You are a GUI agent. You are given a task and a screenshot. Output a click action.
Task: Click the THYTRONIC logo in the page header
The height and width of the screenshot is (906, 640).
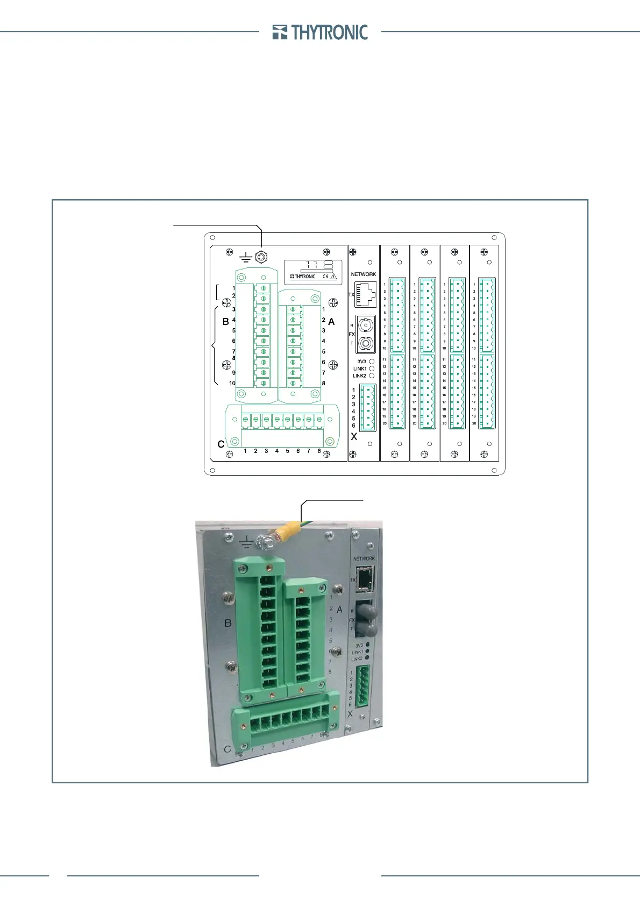(x=321, y=33)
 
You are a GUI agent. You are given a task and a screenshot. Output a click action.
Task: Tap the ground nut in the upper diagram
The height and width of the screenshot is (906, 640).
(x=261, y=257)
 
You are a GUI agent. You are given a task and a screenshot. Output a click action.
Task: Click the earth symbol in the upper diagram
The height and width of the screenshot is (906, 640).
(x=245, y=258)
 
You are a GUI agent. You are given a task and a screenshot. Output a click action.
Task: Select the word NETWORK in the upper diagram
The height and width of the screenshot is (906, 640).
(x=364, y=274)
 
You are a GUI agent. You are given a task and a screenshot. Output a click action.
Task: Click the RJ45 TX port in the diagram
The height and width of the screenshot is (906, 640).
(x=366, y=295)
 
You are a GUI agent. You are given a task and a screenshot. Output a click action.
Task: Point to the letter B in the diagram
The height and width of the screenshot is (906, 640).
(x=226, y=322)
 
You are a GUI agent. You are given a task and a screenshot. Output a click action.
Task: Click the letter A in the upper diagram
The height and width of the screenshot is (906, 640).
(x=331, y=322)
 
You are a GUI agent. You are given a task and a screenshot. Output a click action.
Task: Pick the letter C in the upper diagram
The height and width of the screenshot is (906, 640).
(x=221, y=444)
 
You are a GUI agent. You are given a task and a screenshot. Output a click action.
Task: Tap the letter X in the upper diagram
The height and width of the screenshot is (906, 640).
(x=354, y=437)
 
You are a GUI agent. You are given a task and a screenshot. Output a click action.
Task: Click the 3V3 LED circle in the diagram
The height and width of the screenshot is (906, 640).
(x=372, y=362)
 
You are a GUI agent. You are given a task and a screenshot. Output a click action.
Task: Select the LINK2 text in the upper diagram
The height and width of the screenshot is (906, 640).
(x=359, y=376)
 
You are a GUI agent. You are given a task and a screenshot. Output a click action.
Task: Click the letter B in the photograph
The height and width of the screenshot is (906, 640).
(x=227, y=623)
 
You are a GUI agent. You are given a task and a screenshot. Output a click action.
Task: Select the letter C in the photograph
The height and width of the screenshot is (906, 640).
(x=227, y=749)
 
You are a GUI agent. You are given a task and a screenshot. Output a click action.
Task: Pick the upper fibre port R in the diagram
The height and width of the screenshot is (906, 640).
(x=366, y=325)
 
